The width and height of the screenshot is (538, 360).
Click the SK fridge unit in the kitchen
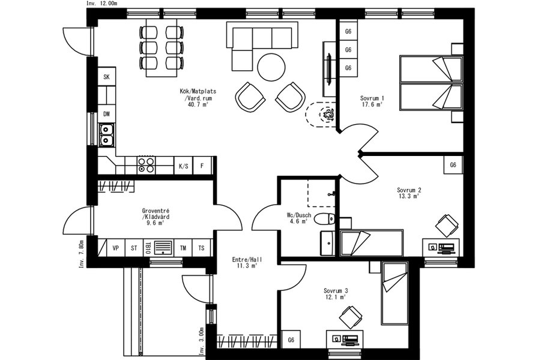[107, 76]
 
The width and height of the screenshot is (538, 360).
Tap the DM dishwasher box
[107, 114]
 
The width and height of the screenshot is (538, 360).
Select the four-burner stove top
[146, 165]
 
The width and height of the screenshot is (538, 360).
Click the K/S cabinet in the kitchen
[183, 166]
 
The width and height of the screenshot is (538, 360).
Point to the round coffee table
[271, 67]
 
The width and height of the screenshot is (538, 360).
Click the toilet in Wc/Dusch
[324, 218]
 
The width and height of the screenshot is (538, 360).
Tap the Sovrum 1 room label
[372, 101]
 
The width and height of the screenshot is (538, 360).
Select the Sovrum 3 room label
[336, 294]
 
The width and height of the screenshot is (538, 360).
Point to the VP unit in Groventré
[116, 248]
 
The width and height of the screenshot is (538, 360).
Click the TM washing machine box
[183, 248]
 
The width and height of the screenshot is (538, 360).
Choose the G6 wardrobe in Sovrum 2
[453, 165]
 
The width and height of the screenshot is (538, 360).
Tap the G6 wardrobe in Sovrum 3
[291, 340]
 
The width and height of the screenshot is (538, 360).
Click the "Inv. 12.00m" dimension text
[101, 4]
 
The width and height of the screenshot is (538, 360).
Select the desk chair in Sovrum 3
[350, 317]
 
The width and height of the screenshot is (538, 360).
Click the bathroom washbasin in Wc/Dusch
[328, 243]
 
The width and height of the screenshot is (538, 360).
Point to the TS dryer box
[201, 248]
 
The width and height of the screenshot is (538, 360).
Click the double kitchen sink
[106, 135]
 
